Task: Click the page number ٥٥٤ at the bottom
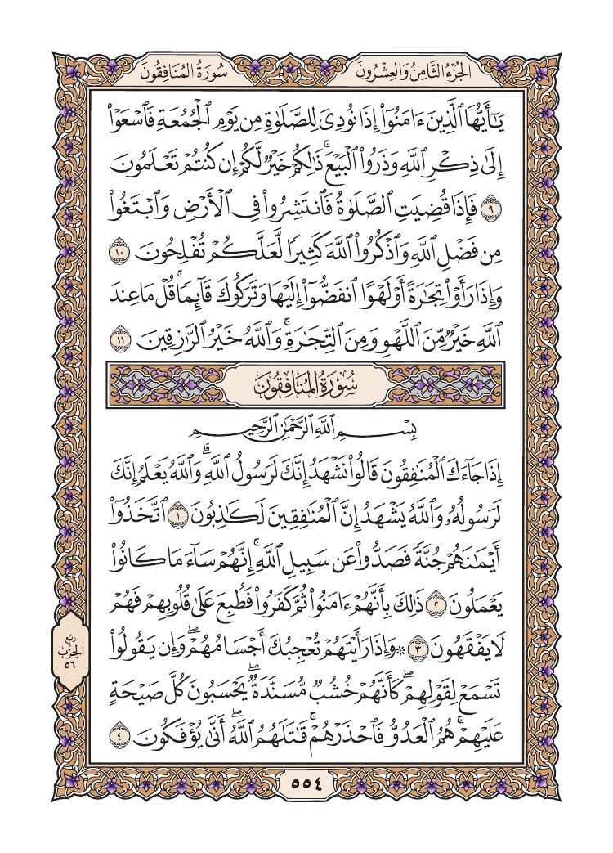coord(306,783)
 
